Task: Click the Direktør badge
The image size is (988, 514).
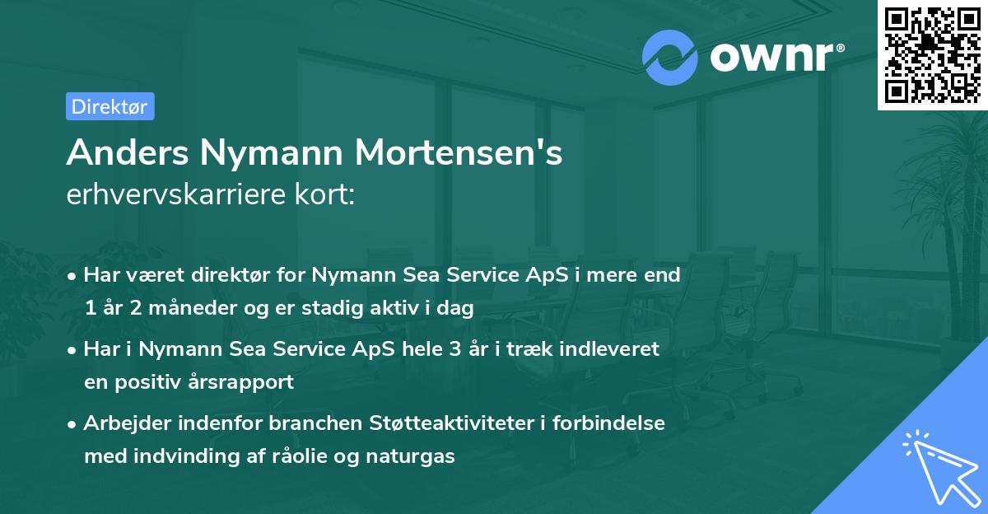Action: pyautogui.click(x=110, y=106)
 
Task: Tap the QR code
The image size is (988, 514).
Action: pyautogui.click(x=933, y=54)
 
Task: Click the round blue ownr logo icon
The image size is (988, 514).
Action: pyautogui.click(x=670, y=58)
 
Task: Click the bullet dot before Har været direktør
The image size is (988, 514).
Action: pyautogui.click(x=73, y=276)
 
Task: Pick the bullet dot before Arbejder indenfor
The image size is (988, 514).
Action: pyautogui.click(x=73, y=424)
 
